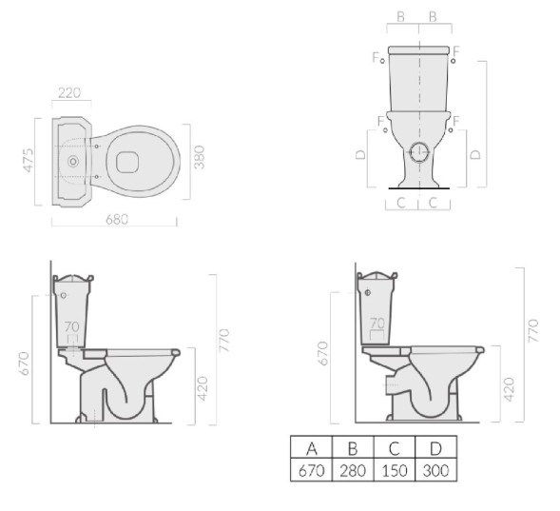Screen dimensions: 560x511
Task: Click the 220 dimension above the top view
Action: pyautogui.click(x=69, y=93)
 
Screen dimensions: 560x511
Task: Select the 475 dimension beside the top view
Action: pyautogui.click(x=28, y=161)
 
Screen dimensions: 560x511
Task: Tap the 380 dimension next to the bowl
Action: pyautogui.click(x=199, y=157)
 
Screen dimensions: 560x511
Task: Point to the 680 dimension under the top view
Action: pyautogui.click(x=117, y=220)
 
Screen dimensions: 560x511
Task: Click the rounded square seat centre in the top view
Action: pyautogui.click(x=127, y=162)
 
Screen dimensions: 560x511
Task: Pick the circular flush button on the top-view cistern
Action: pyautogui.click(x=73, y=162)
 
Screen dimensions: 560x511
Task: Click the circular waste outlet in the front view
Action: pyautogui.click(x=418, y=152)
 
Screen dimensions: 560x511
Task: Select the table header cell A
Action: pyautogui.click(x=312, y=447)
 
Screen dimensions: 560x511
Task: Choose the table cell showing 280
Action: pyautogui.click(x=353, y=470)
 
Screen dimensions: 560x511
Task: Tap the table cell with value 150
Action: pyautogui.click(x=395, y=470)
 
